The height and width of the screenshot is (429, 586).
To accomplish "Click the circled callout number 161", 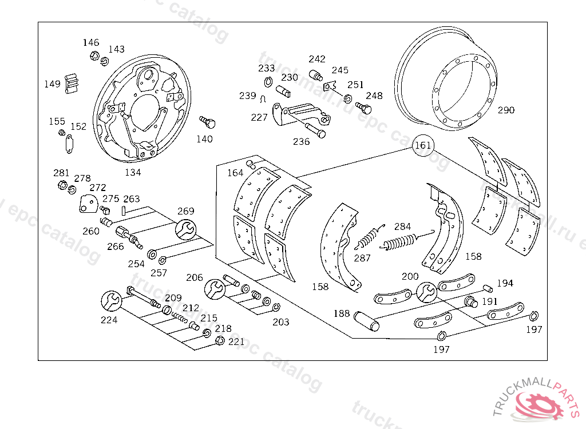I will coord(422,145).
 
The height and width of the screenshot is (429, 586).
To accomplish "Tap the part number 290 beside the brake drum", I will coord(506,110).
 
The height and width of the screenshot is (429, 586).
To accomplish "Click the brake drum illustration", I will coord(446,80).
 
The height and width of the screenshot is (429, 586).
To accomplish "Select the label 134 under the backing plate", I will coord(133,172).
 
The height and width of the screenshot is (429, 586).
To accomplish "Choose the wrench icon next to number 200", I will coord(426,292).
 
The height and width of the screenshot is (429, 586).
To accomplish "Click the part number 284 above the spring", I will coord(402,227).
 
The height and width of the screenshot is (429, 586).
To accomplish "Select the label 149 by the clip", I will coord(52,84).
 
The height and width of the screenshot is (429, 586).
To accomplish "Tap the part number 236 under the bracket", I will coord(301,141).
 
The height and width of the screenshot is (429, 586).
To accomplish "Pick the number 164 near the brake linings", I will coord(235,173).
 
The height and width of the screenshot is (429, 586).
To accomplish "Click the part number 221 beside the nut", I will coord(236,341).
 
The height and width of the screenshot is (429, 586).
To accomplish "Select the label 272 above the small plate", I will coord(98,187).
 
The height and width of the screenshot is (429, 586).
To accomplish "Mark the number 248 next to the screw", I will coord(374,96).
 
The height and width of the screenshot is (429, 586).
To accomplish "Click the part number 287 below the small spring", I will coord(362,258).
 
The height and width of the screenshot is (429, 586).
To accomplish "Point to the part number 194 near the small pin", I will coord(505,283).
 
